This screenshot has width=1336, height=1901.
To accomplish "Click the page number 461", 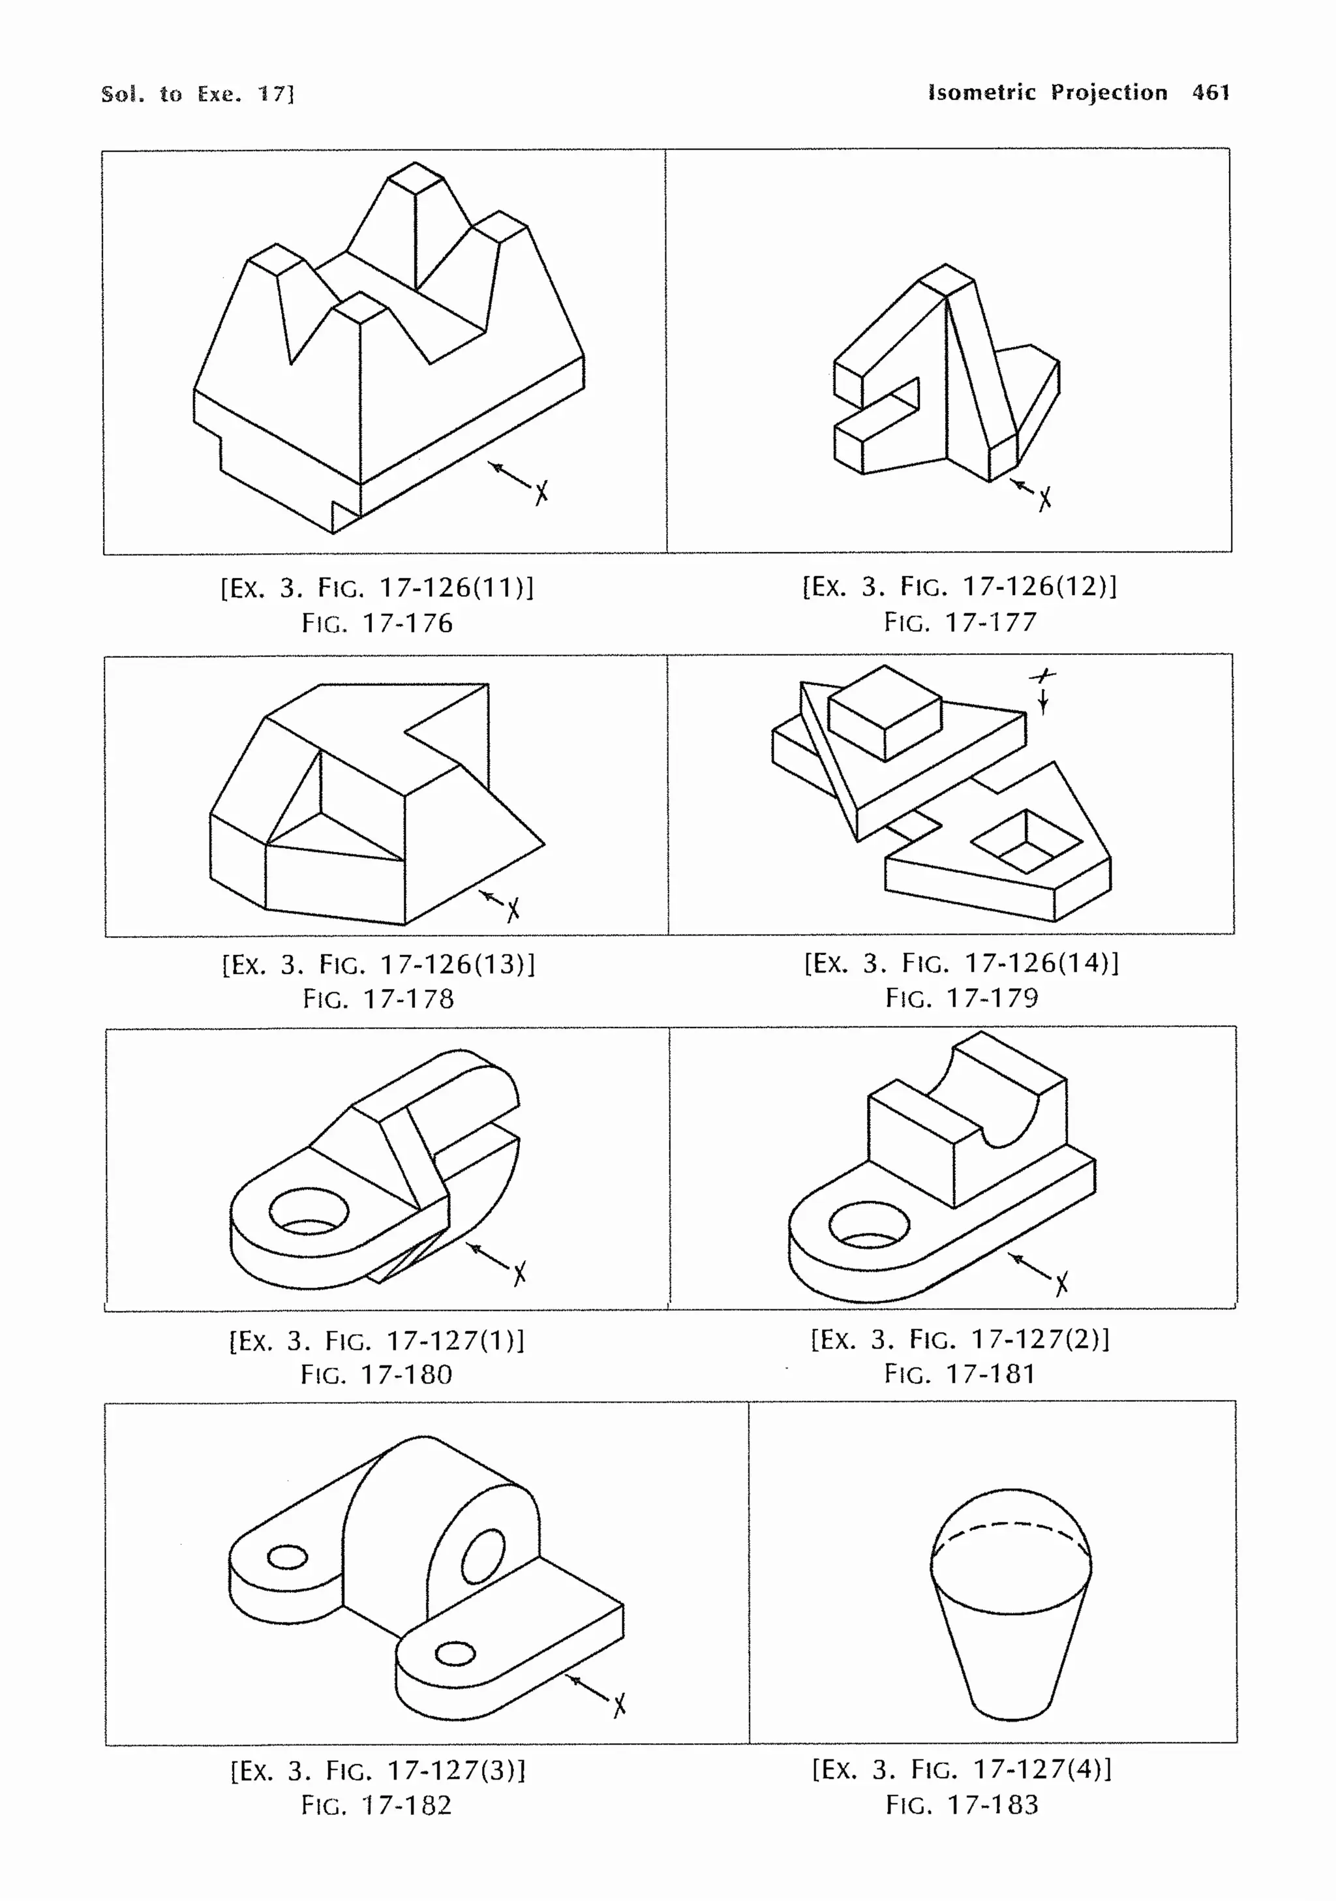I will coord(1210,92).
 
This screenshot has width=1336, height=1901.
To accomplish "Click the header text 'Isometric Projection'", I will coord(1047,92).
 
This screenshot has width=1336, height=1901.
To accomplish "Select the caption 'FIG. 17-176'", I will coord(378,622).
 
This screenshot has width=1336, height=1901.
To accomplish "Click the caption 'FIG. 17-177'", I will coord(960,622).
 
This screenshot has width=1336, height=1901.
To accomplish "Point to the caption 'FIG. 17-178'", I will coord(378,999).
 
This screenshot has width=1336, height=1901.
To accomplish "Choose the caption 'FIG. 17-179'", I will coord(962,997).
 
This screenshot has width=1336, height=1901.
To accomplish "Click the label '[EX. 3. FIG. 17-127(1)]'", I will coord(376,1340).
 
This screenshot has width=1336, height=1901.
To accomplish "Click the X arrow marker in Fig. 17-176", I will coord(541,493).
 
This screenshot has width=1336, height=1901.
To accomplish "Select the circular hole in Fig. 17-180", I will coord(309,1212).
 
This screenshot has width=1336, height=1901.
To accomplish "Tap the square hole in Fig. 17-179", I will coord(1026,842).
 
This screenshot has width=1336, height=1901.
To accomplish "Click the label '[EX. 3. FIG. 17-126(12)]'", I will coord(960,586).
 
